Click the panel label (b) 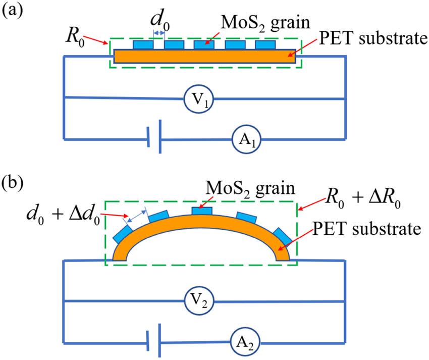pyautogui.click(x=13, y=181)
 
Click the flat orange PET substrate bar pyautogui.click(x=205, y=56)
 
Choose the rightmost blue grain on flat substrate pyautogui.click(x=265, y=45)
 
